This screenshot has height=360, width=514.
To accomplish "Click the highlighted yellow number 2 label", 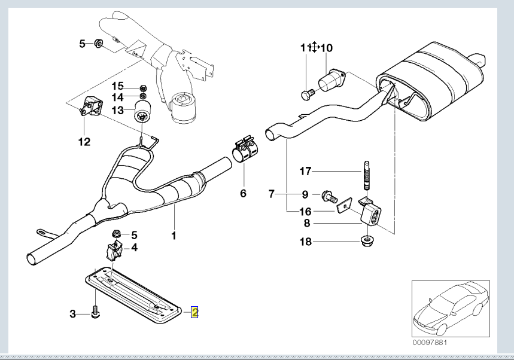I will tap(194, 312).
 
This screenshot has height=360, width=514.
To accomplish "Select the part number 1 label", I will tap(174, 236).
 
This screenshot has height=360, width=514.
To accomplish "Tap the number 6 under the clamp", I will tap(243, 194).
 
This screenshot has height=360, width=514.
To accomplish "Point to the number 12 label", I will tap(84, 142).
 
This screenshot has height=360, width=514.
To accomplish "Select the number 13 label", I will tap(117, 110).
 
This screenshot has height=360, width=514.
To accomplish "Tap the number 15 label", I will tap(117, 86).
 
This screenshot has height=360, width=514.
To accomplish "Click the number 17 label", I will tap(305, 172).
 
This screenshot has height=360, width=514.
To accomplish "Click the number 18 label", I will tap(305, 242).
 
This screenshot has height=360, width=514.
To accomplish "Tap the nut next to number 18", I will tap(364, 242).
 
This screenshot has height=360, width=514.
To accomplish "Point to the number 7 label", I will tap(271, 194).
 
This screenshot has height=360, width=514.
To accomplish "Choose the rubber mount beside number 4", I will tap(113, 249).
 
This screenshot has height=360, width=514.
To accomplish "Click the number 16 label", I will tap(305, 211).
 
